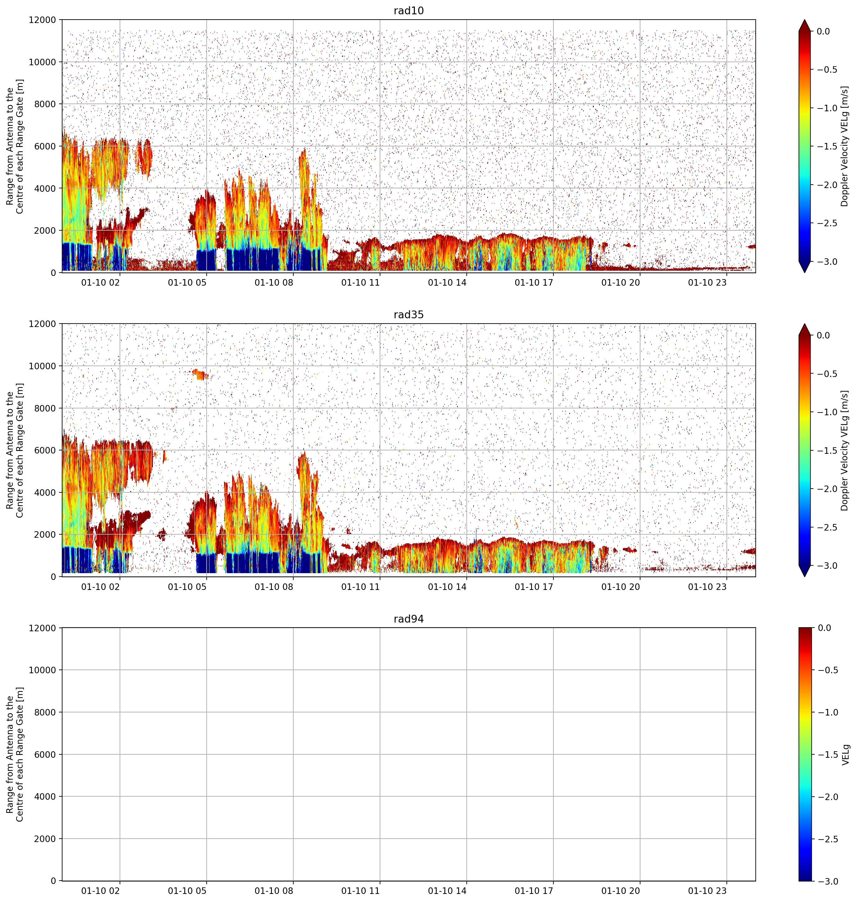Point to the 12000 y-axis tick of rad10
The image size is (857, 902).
point(43,20)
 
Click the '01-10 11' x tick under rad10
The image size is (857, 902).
point(360,283)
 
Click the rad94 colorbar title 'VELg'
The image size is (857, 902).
point(846,754)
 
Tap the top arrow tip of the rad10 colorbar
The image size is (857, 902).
point(804,20)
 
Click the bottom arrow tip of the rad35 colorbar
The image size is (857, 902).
point(804,577)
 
